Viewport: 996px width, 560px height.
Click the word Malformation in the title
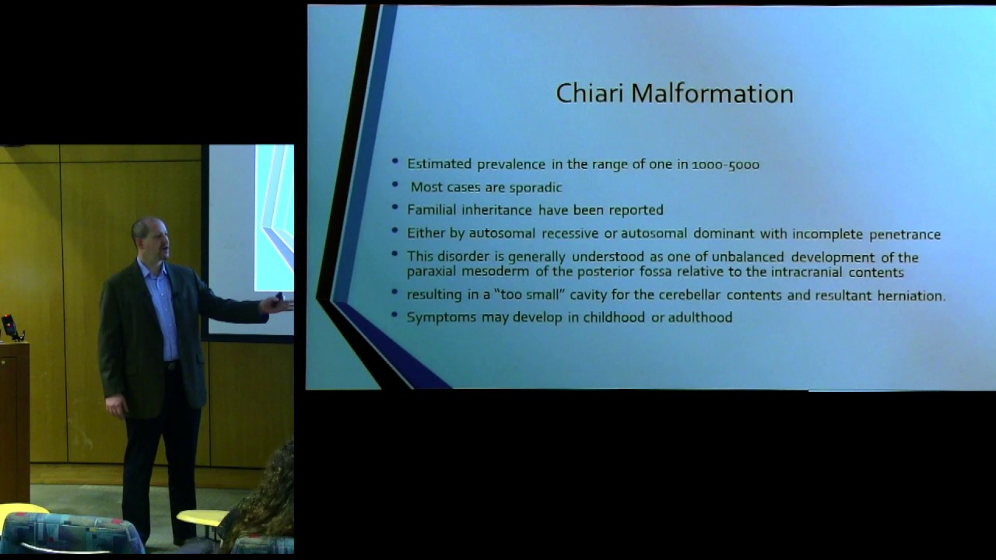click(712, 93)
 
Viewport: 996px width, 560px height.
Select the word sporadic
click(535, 187)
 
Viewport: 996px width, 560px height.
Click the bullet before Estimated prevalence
click(396, 162)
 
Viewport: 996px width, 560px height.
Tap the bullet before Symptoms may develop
click(396, 315)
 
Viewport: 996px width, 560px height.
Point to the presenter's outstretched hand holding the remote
click(276, 303)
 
